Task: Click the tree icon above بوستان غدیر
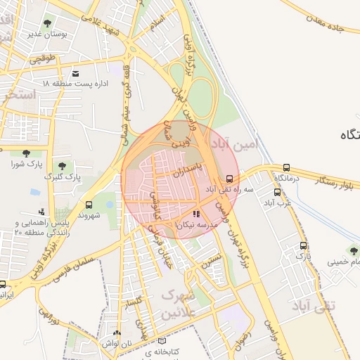48,23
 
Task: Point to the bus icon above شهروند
88,205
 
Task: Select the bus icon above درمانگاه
286,168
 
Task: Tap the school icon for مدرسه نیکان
195,213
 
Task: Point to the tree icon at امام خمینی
354,250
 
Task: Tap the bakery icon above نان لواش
117,334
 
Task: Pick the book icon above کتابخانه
162,340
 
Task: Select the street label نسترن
211,263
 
